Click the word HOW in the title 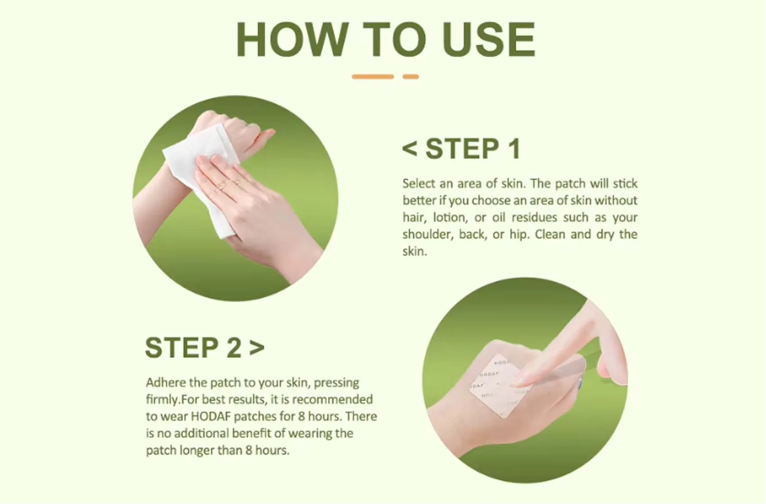pyautogui.click(x=292, y=40)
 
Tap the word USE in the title pyautogui.click(x=489, y=40)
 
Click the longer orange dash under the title pyautogui.click(x=373, y=77)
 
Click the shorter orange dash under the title pyautogui.click(x=410, y=77)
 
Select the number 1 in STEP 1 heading pyautogui.click(x=513, y=149)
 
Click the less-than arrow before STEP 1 pyautogui.click(x=410, y=148)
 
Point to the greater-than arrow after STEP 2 pyautogui.click(x=257, y=347)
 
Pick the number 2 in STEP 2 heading pyautogui.click(x=234, y=348)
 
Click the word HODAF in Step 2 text pyautogui.click(x=211, y=416)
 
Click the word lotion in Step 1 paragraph pyautogui.click(x=450, y=217)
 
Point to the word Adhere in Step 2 pyautogui.click(x=166, y=382)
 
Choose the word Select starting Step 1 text pyautogui.click(x=419, y=184)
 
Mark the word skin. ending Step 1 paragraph pyautogui.click(x=414, y=252)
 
